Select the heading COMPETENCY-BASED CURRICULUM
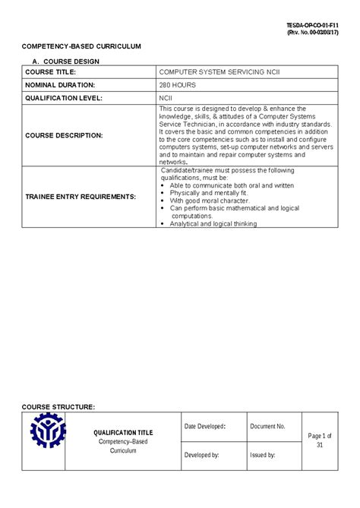pyautogui.click(x=81, y=46)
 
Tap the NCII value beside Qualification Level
pyautogui.click(x=166, y=98)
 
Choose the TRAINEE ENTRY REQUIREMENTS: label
pyautogui.click(x=81, y=197)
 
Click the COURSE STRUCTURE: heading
pyautogui.click(x=58, y=407)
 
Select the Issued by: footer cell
pyautogui.click(x=262, y=455)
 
